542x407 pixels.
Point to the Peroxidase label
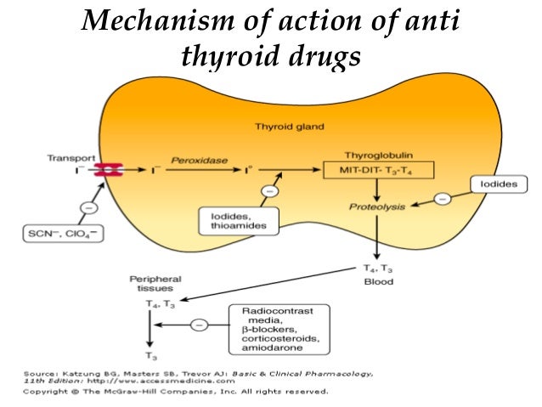196,158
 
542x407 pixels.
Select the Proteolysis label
377,206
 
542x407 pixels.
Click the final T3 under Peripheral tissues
151,357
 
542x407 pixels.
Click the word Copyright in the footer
47,393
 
